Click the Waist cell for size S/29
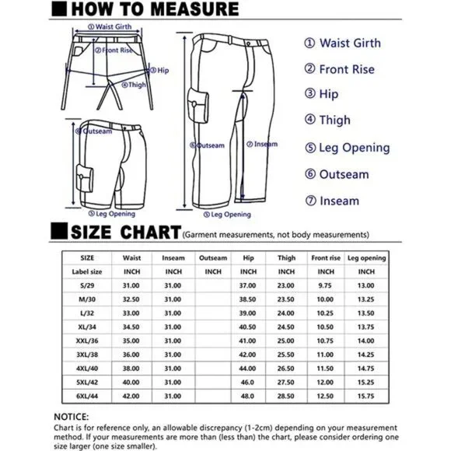tap(131, 285)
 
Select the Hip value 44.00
tap(247, 369)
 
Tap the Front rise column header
tap(326, 258)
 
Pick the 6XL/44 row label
tap(87, 396)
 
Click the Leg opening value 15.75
tap(366, 396)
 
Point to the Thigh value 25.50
tap(285, 355)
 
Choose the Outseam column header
tap(213, 258)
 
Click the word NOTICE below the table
tap(72, 417)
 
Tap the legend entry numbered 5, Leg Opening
tap(348, 148)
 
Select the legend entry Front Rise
tap(340, 69)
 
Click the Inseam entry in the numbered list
tap(332, 201)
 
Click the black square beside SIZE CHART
tap(59, 231)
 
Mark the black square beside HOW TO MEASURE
tap(59, 9)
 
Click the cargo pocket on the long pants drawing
tap(198, 105)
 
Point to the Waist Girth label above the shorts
tap(110, 26)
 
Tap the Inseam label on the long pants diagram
tap(262, 144)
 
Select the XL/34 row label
tap(87, 327)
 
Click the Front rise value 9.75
tap(325, 285)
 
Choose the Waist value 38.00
tap(131, 369)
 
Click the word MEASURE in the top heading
tap(194, 9)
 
